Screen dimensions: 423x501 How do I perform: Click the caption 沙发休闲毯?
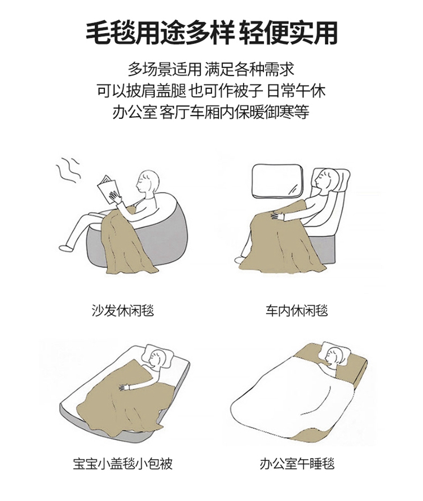pyautogui.click(x=123, y=311)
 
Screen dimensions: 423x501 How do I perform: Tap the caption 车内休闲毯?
pyautogui.click(x=297, y=311)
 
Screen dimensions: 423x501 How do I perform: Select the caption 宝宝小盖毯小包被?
pyautogui.click(x=123, y=464)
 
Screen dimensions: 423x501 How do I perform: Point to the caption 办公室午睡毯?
pyautogui.click(x=297, y=464)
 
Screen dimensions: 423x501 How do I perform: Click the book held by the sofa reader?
pyautogui.click(x=108, y=189)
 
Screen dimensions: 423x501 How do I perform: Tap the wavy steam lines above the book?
pyautogui.click(x=68, y=170)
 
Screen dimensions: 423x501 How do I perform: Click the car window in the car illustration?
pyautogui.click(x=277, y=180)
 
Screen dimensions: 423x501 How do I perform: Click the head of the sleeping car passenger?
pyautogui.click(x=325, y=180)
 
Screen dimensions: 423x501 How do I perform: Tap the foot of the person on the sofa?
pyautogui.click(x=65, y=248)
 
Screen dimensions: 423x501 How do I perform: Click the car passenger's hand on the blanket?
pyautogui.click(x=277, y=216)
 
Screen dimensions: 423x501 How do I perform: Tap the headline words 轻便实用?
pyautogui.click(x=289, y=33)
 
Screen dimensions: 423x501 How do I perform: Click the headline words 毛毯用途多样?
pyautogui.click(x=161, y=33)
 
